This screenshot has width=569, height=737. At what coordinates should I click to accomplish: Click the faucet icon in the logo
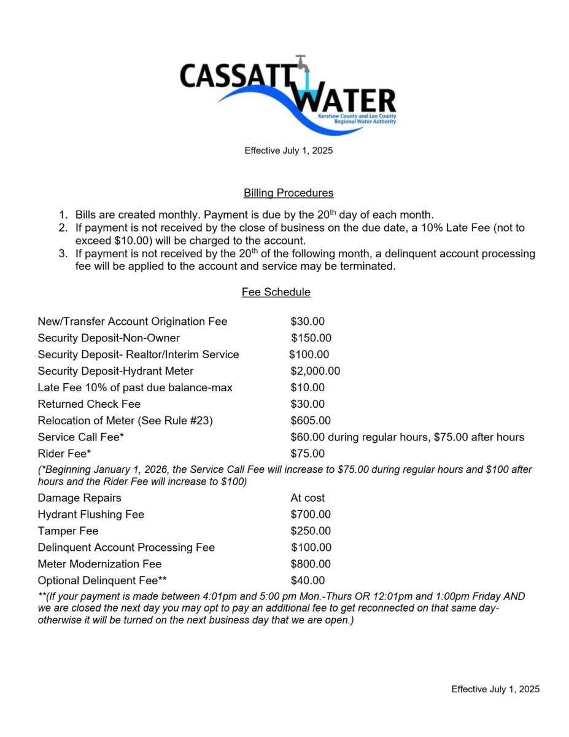click(x=302, y=64)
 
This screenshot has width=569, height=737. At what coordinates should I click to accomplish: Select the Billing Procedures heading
click(x=288, y=193)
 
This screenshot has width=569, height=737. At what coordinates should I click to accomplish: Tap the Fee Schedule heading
click(x=276, y=292)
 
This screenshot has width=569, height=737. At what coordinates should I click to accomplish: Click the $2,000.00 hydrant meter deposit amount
click(x=315, y=371)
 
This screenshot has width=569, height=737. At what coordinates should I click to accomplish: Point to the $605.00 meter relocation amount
click(x=310, y=421)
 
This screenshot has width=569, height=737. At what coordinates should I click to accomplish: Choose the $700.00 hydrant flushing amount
click(x=310, y=515)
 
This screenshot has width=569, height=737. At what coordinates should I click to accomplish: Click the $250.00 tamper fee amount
click(x=310, y=531)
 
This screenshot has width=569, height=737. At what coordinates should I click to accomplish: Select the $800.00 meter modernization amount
click(x=310, y=564)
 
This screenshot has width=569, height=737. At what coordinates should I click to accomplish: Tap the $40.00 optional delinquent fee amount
click(x=308, y=580)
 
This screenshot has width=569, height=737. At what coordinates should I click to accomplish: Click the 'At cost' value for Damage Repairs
click(x=308, y=498)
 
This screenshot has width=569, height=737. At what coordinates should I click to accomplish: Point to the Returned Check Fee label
click(x=89, y=404)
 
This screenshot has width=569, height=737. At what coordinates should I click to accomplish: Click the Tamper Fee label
click(x=68, y=531)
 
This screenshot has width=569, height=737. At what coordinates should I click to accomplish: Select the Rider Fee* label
click(x=64, y=454)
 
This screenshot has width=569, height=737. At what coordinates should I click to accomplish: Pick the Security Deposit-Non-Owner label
click(x=109, y=338)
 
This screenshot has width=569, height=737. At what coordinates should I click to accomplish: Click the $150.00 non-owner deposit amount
click(x=311, y=338)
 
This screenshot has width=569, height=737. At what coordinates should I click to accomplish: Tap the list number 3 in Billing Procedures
click(x=63, y=254)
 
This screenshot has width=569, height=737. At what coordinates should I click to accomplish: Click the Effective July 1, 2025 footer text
click(x=495, y=689)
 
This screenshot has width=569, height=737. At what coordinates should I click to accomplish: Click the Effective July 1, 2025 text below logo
click(x=288, y=150)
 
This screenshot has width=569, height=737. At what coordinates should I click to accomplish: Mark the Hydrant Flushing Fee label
click(x=91, y=515)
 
